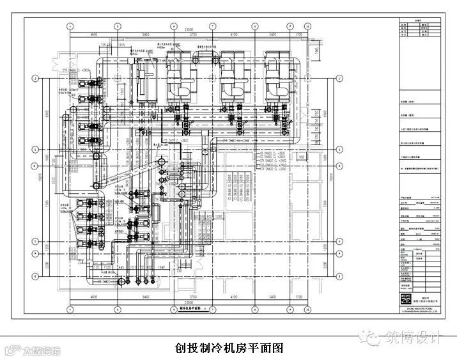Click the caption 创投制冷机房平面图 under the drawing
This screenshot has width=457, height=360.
[228, 348]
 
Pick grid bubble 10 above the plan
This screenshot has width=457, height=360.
[307, 26]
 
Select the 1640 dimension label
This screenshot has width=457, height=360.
[162, 267]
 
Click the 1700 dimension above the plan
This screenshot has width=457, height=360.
[299, 34]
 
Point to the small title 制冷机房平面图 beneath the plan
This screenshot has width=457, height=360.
[189, 308]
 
